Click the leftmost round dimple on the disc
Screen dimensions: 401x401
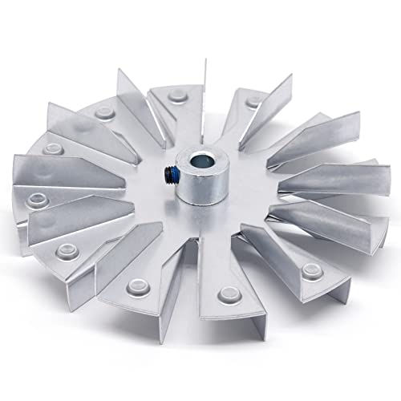tap(35, 196)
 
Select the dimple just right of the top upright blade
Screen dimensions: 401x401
tap(254, 103)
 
